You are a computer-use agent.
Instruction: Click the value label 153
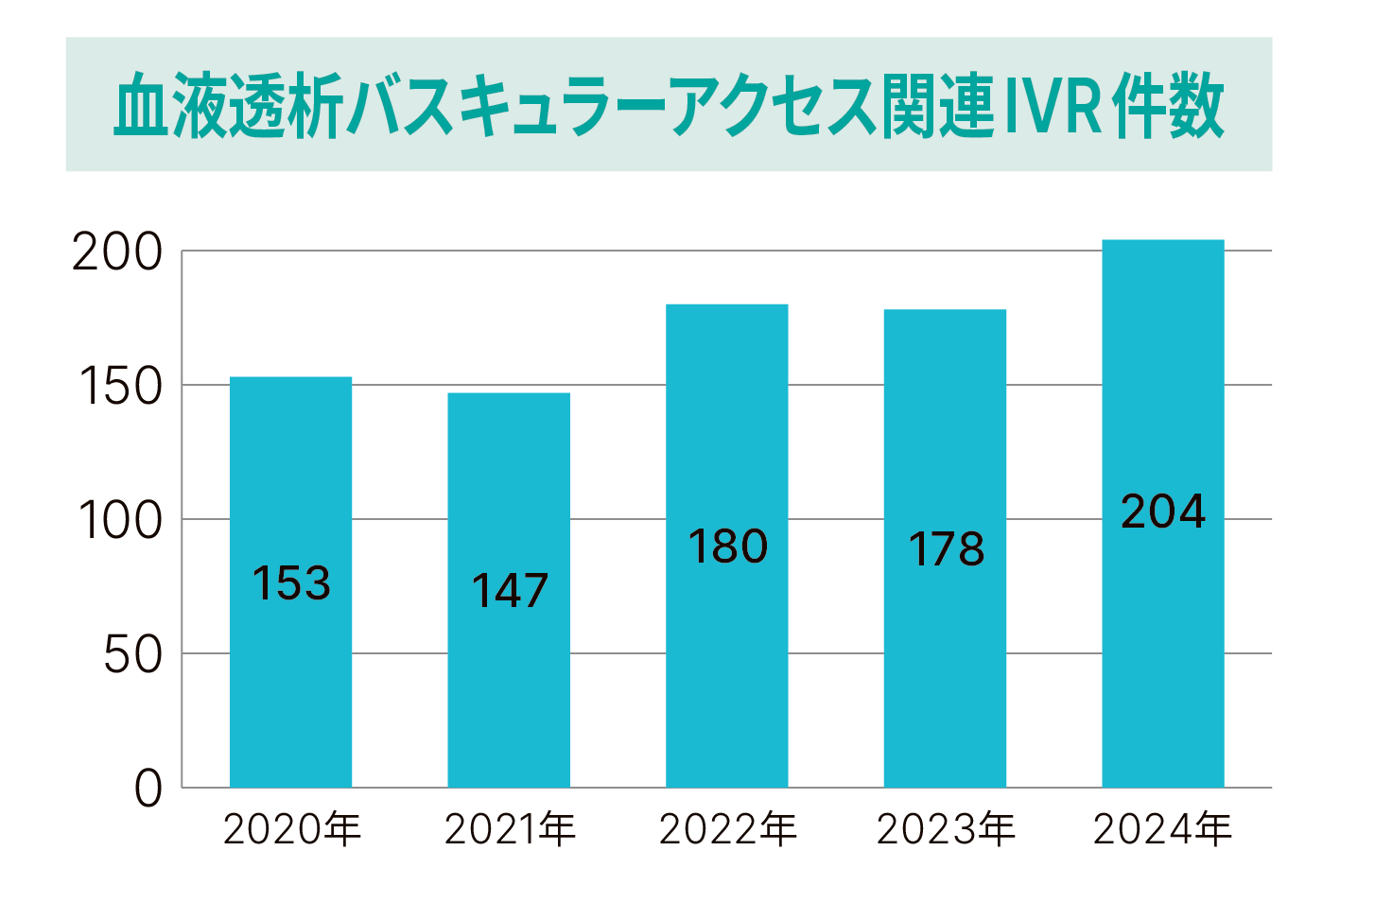click(291, 583)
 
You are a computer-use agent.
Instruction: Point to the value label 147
click(510, 591)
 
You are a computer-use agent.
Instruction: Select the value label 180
click(727, 547)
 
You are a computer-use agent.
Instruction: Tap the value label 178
click(946, 549)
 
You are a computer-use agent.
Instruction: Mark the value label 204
click(1163, 512)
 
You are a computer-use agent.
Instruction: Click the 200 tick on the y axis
click(118, 252)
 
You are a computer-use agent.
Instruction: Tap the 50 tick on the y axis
click(132, 655)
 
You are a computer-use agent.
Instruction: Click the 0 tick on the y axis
click(148, 789)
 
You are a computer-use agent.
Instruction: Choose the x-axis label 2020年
click(292, 830)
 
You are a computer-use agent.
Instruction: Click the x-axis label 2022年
click(728, 830)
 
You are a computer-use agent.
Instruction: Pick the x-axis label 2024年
click(1162, 830)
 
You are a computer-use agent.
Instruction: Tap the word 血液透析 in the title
click(228, 106)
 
